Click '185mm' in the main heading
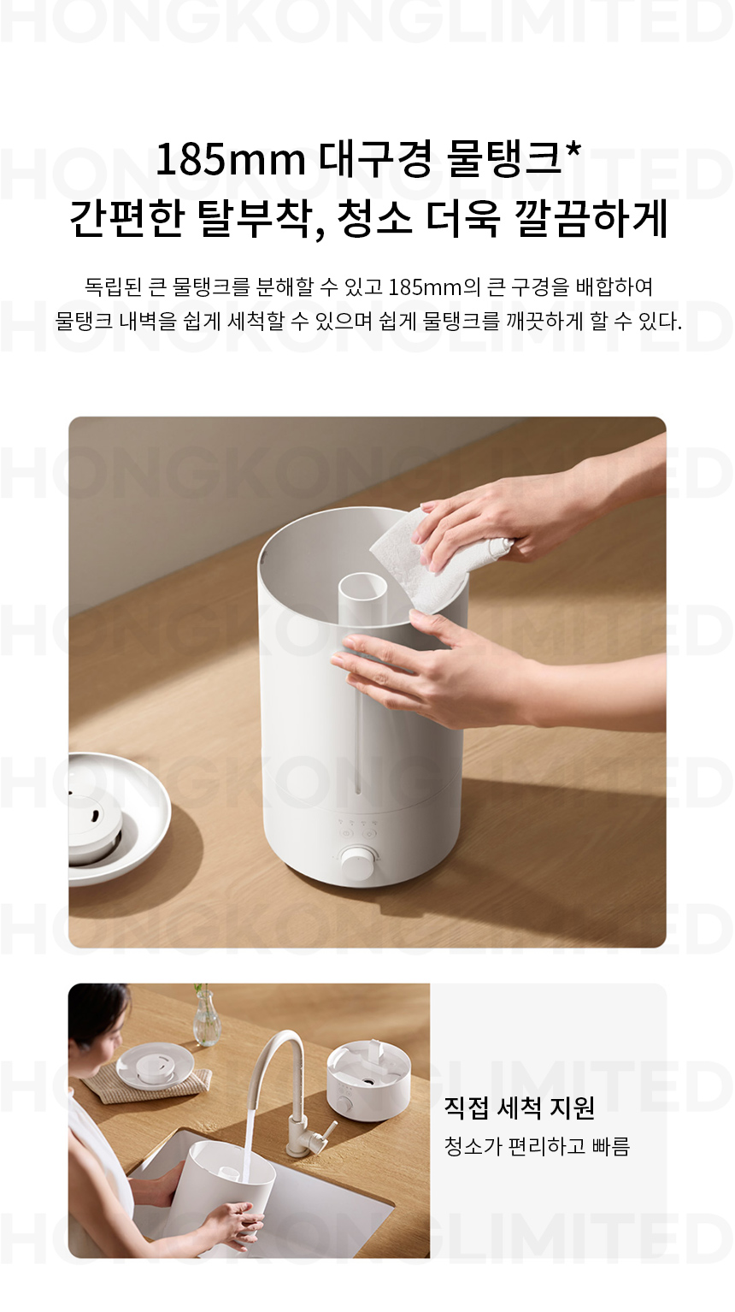click(x=231, y=161)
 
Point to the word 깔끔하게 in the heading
click(x=591, y=219)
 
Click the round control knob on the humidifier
click(x=357, y=864)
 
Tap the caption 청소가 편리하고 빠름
click(x=538, y=1147)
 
